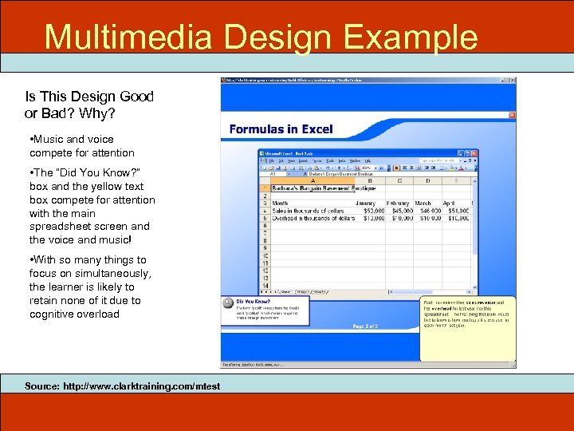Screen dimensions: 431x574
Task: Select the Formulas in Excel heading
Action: tap(281, 129)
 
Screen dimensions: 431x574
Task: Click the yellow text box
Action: tap(467, 330)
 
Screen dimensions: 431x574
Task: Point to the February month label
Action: tap(398, 203)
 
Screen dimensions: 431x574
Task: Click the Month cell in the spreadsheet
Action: tap(281, 203)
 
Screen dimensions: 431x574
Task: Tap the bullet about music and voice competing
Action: tap(83, 145)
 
